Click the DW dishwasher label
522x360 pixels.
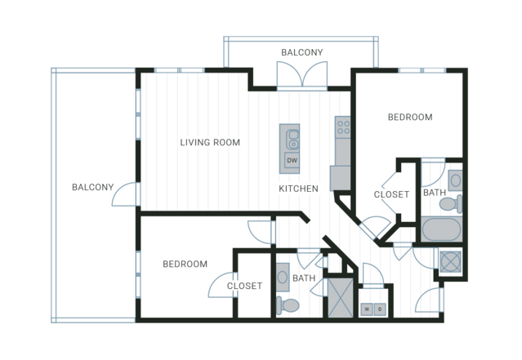[x=292, y=160]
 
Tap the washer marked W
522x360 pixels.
[x=368, y=309]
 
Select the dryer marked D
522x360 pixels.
[x=380, y=309]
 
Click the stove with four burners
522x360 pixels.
[x=343, y=126]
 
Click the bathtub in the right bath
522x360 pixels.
[x=441, y=229]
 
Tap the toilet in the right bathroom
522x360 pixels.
[x=451, y=203]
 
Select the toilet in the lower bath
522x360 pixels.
[x=288, y=305]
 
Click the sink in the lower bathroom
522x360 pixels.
[x=283, y=277]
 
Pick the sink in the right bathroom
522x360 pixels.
[x=455, y=180]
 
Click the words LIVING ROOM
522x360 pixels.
[x=210, y=142]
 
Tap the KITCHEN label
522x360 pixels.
[x=298, y=189]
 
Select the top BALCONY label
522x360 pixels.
[x=302, y=52]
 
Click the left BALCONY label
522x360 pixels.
[x=93, y=187]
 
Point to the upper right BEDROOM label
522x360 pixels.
[x=410, y=117]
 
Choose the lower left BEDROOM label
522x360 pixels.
[x=185, y=264]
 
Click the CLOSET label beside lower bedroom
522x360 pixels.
[x=244, y=286]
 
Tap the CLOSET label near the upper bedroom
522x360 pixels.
[x=391, y=194]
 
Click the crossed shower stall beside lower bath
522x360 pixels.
[x=341, y=298]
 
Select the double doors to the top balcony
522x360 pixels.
[x=302, y=76]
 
